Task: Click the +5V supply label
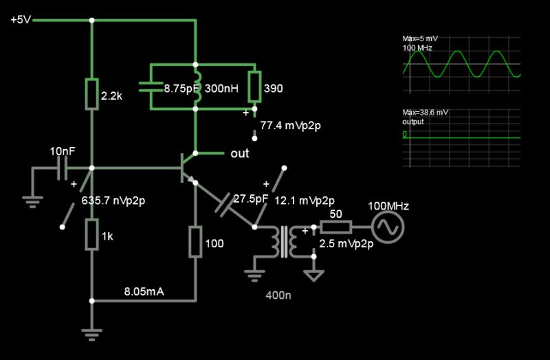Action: point(21,20)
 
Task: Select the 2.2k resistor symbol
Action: point(91,94)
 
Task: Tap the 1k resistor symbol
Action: point(91,235)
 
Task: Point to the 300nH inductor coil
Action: point(196,87)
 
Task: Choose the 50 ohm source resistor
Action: point(338,227)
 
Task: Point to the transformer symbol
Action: point(284,241)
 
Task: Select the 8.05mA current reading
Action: point(144,291)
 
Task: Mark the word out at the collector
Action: point(239,153)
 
